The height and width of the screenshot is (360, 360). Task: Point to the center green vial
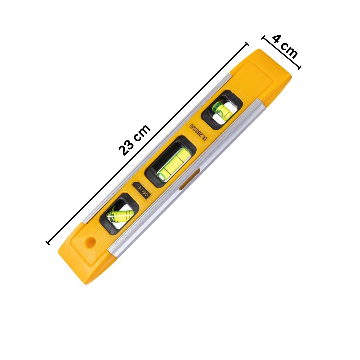pyautogui.click(x=173, y=163)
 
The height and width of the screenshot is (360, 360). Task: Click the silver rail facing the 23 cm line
pyautogui.click(x=157, y=147)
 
